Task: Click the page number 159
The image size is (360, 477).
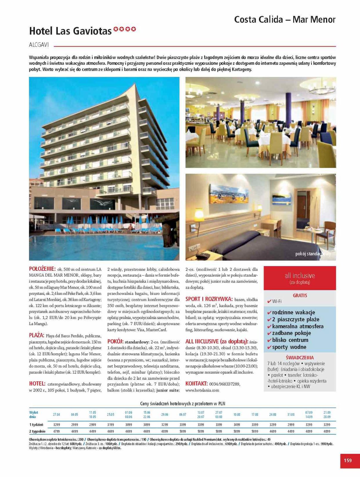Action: [x=347, y=460]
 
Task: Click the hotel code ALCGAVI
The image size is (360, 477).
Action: [x=39, y=45]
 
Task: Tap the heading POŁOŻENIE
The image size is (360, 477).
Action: [x=42, y=269]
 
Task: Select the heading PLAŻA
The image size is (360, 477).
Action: [x=37, y=335]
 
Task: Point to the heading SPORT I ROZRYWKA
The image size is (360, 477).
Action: [x=209, y=299]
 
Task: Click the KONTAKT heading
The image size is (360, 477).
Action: [x=196, y=383]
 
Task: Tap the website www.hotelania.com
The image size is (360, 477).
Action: [x=202, y=390]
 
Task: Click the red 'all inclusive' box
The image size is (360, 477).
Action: [x=300, y=278]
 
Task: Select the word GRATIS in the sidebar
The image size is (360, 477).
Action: [x=300, y=295]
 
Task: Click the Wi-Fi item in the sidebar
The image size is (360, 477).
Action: [x=277, y=301]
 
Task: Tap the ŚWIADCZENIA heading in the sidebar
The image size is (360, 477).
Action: [x=300, y=357]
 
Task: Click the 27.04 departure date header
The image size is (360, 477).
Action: [x=56, y=415]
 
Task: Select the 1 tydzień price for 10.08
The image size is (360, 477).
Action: [x=237, y=425]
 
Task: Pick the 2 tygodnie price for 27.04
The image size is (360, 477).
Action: [x=56, y=431]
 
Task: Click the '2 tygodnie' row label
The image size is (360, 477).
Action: [x=37, y=431]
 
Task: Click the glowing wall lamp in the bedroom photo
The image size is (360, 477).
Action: [x=198, y=214]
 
